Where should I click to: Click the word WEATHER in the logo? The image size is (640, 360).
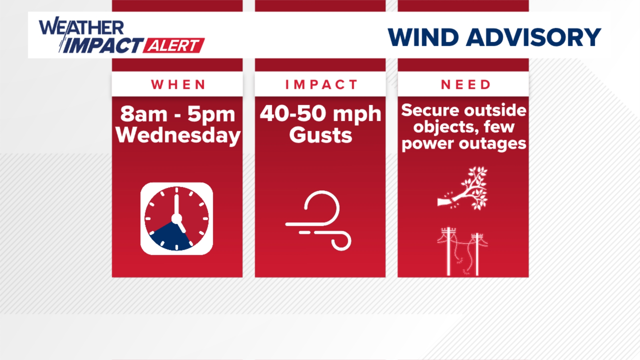82,27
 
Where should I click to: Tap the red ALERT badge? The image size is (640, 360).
174,46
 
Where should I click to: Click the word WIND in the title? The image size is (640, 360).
423,37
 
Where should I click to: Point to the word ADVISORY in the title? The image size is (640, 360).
533,37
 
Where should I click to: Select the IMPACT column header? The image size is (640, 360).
321,85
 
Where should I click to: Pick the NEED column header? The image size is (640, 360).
466,85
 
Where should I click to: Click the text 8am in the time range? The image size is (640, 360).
144,114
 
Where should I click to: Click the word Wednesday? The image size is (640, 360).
178,136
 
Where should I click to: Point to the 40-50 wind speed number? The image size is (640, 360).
293,114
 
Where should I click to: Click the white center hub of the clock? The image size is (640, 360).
176,219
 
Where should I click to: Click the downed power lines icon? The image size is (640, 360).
463,251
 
